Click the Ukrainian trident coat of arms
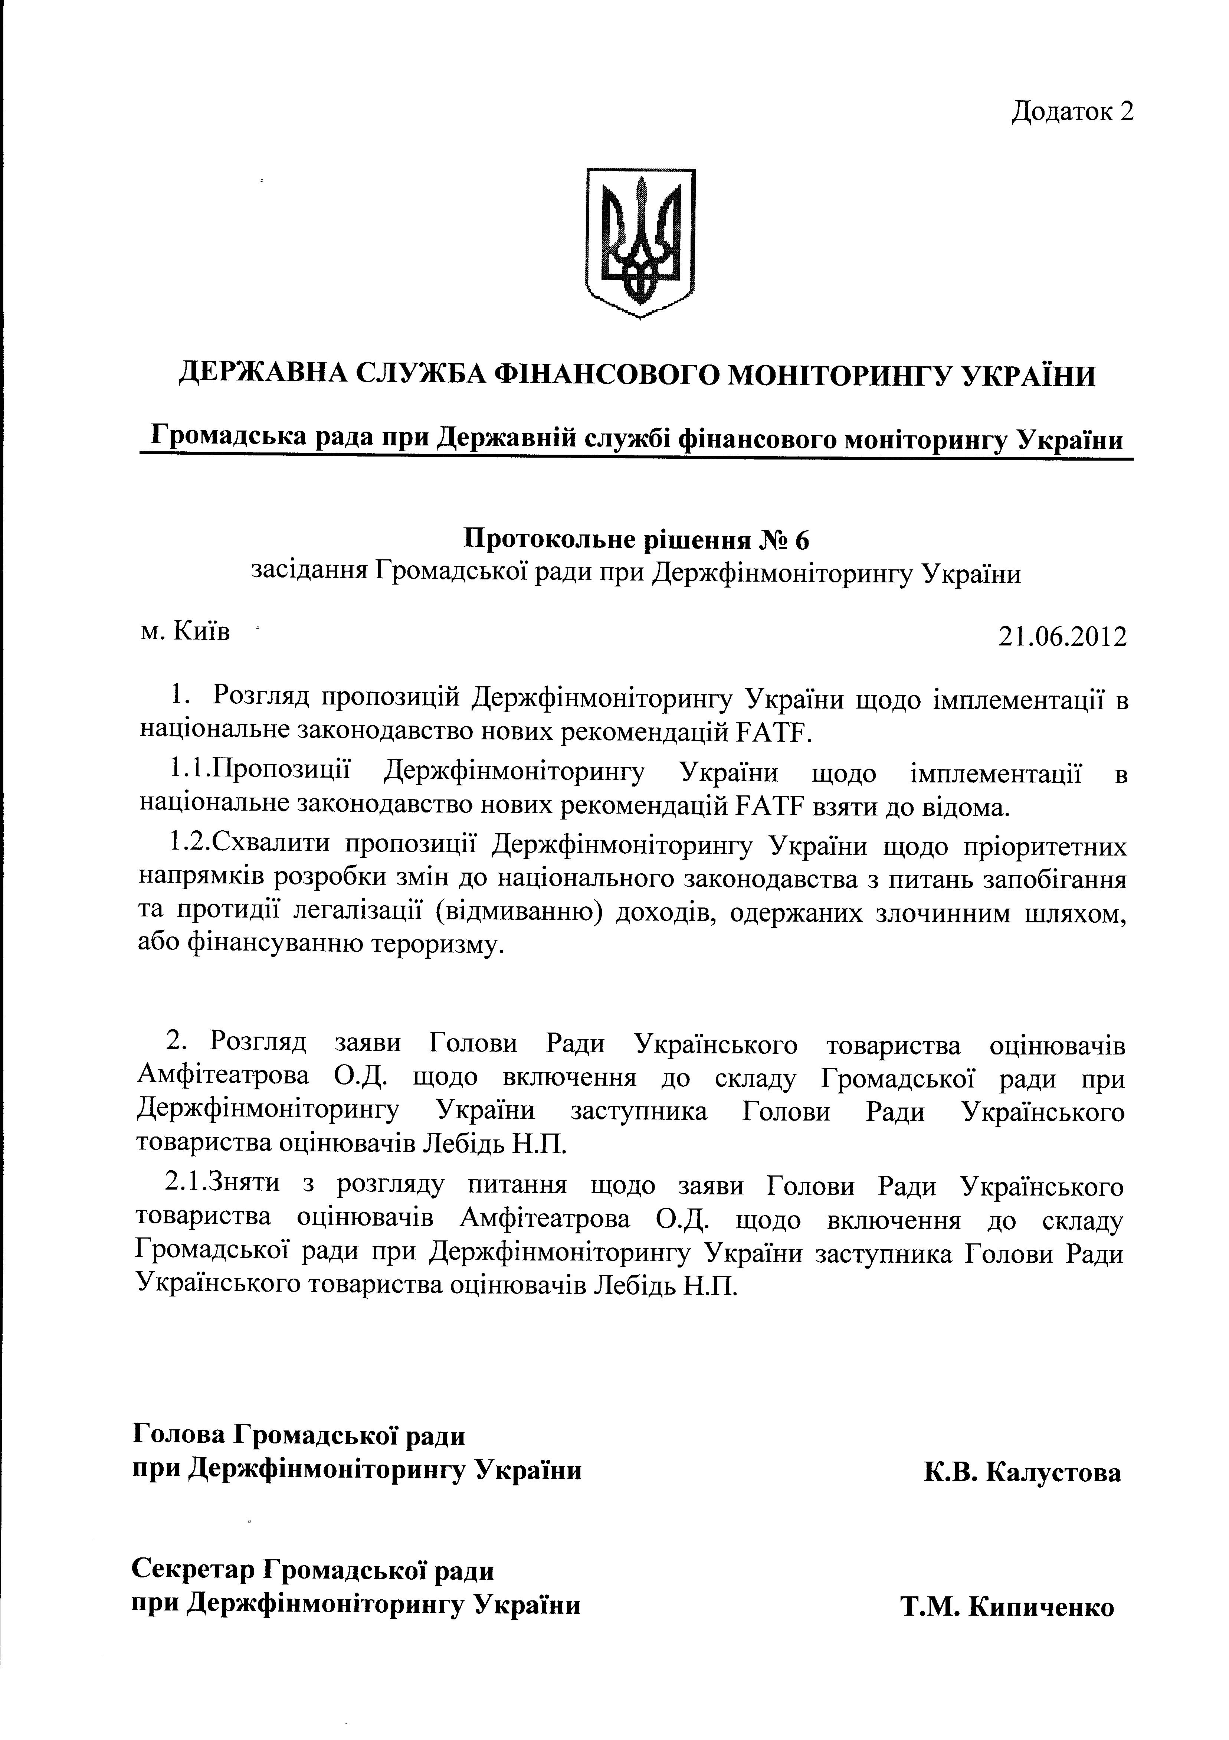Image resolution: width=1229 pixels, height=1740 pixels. coord(641,242)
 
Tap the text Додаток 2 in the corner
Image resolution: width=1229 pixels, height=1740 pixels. coord(1072,111)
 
